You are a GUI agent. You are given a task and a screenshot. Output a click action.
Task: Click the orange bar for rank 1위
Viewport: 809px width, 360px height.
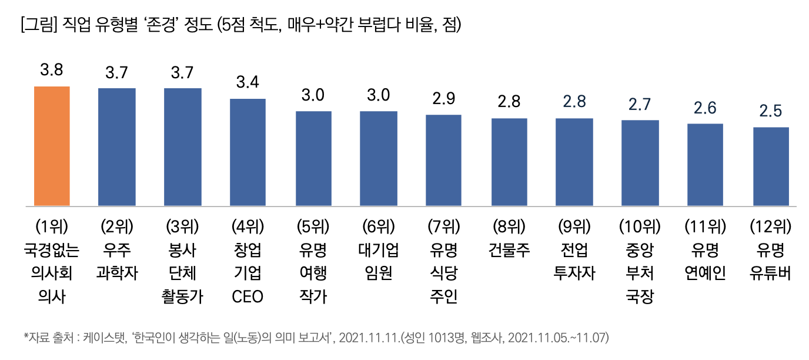(x=52, y=146)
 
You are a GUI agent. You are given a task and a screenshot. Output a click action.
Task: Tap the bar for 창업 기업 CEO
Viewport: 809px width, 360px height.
(x=248, y=152)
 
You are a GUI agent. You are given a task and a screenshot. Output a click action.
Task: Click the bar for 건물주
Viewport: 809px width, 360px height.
(x=509, y=162)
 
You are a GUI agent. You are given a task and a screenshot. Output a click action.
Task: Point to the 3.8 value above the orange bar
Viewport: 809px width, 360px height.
(x=52, y=71)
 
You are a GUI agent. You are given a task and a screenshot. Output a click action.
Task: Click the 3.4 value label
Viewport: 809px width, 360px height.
(x=248, y=82)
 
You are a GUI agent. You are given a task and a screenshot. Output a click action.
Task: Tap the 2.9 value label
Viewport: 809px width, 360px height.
(x=443, y=98)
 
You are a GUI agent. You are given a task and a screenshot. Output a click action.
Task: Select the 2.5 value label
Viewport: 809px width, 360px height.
(x=771, y=111)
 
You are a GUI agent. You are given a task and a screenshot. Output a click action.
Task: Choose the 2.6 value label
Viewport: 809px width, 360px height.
(x=705, y=108)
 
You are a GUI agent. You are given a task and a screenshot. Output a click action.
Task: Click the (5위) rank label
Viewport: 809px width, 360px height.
(x=313, y=226)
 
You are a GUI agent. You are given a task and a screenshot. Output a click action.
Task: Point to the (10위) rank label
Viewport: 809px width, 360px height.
(x=640, y=226)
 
